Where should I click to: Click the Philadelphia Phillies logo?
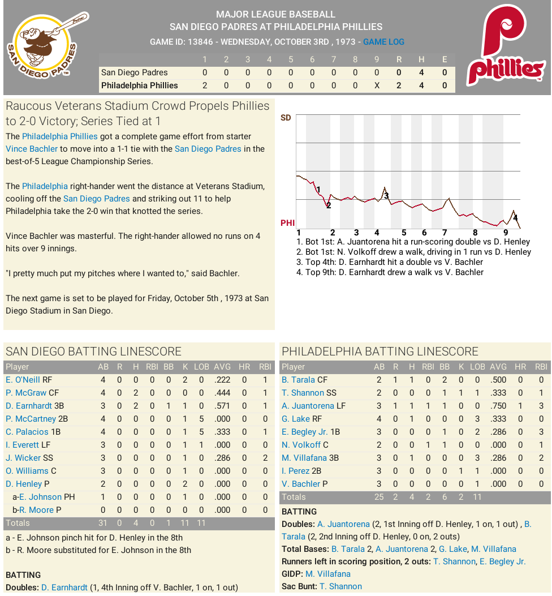(x=505, y=48)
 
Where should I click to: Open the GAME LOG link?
(x=383, y=42)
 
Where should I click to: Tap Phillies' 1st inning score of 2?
(x=205, y=85)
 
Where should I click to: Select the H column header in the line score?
(x=421, y=59)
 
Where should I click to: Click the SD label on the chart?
(x=286, y=118)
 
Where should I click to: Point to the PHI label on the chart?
(x=287, y=223)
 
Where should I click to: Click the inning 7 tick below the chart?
(x=445, y=233)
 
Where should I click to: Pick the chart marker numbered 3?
(x=386, y=195)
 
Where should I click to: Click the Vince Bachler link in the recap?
(x=32, y=149)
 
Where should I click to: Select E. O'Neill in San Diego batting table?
(x=23, y=380)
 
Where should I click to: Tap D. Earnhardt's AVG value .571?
(x=222, y=406)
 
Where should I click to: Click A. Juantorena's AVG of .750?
(x=498, y=406)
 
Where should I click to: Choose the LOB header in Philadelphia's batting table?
(x=477, y=367)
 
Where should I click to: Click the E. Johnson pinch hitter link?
(x=40, y=497)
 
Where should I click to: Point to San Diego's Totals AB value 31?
(x=103, y=523)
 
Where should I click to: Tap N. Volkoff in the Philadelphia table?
(x=301, y=445)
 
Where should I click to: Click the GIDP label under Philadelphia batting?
(x=292, y=574)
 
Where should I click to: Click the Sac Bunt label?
(x=299, y=586)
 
